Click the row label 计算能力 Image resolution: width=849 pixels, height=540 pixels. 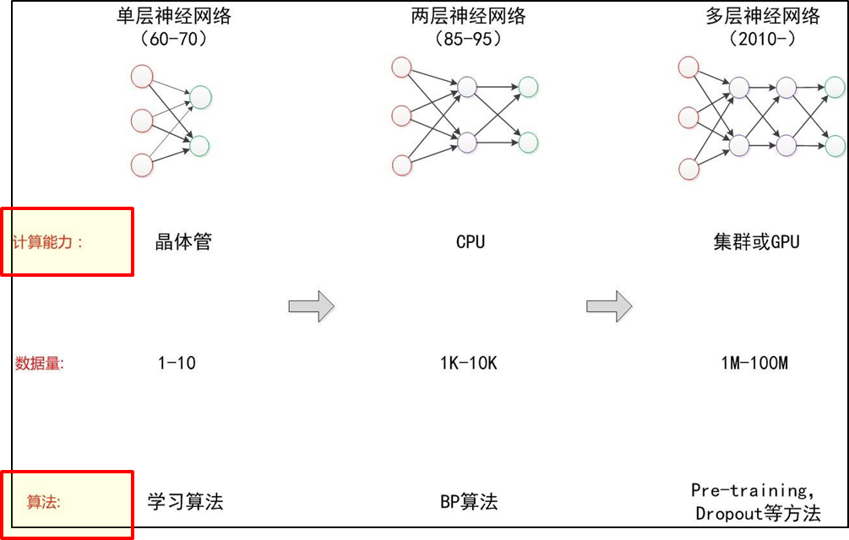47,242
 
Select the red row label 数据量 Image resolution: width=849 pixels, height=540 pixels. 40,364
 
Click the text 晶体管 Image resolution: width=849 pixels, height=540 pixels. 183,242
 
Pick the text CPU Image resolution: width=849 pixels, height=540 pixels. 471,242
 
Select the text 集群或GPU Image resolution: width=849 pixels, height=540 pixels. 756,242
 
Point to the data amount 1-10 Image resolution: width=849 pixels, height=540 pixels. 177,364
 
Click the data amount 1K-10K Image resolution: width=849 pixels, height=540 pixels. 469,364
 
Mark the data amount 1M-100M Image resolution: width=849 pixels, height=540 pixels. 754,364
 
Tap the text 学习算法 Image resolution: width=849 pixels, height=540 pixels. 185,501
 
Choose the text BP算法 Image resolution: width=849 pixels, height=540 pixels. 469,502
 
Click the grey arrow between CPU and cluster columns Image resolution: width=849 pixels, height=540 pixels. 608,305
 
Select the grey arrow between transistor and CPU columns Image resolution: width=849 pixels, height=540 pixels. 311,305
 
